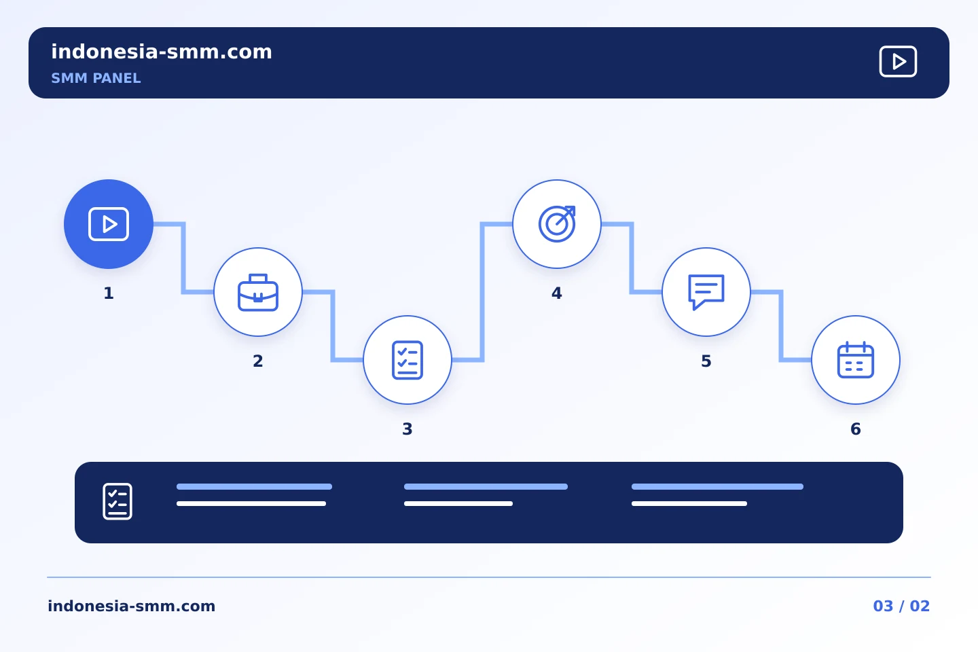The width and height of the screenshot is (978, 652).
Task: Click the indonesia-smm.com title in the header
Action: (x=162, y=52)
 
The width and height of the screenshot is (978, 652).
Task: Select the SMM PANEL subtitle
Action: (x=96, y=78)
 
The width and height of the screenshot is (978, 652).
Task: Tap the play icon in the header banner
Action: (x=898, y=62)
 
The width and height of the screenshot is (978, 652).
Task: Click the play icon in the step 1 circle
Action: (x=108, y=225)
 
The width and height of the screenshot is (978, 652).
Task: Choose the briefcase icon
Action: (x=258, y=293)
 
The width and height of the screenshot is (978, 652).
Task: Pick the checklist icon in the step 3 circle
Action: (x=407, y=360)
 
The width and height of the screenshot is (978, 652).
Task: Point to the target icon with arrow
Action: (x=557, y=224)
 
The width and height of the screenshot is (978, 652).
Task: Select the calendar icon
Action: (x=855, y=360)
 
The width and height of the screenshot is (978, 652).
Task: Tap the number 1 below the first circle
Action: (x=109, y=293)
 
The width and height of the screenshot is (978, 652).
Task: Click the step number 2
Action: (x=258, y=361)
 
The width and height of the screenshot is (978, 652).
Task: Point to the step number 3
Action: (x=407, y=429)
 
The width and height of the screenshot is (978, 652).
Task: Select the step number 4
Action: (x=557, y=293)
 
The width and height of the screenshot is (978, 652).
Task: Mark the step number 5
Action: (x=706, y=361)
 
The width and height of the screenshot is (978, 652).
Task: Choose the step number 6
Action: (x=856, y=429)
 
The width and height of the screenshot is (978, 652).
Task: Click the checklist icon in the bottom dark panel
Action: (x=117, y=501)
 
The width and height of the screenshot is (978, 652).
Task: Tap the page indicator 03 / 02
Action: (x=901, y=606)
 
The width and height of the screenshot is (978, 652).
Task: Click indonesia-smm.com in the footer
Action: (x=132, y=606)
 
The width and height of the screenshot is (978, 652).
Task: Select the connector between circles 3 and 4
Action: (x=482, y=292)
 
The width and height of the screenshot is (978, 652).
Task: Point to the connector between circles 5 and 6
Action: (x=781, y=326)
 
